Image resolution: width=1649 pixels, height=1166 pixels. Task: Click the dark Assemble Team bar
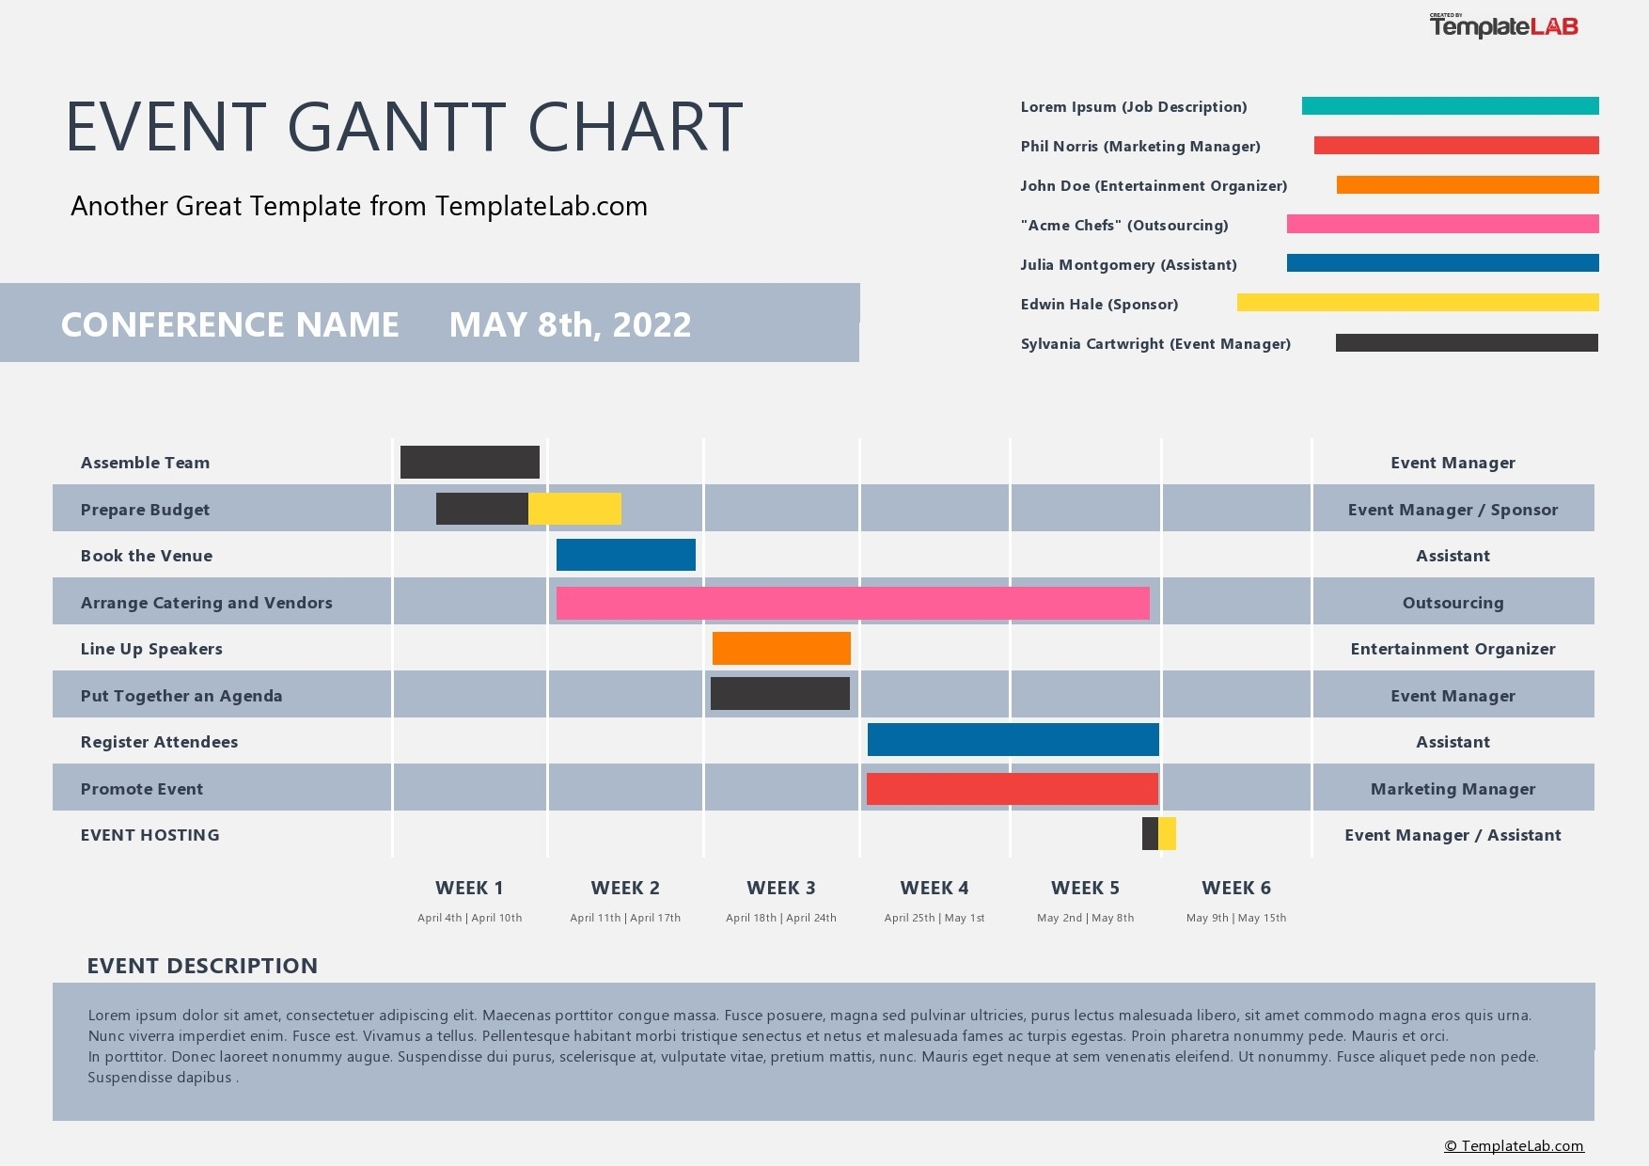click(x=469, y=462)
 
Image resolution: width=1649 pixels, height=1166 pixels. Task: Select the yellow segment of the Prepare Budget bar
click(x=574, y=509)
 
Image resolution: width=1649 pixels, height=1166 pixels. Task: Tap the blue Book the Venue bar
click(x=625, y=555)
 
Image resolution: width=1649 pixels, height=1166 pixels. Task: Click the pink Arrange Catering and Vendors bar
click(x=852, y=603)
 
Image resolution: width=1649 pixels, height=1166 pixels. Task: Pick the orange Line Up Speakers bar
click(x=781, y=648)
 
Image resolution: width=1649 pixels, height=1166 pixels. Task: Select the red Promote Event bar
click(x=1012, y=789)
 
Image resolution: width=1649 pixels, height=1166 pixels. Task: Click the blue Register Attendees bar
click(x=1013, y=740)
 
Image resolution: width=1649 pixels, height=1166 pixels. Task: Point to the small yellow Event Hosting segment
click(x=1168, y=834)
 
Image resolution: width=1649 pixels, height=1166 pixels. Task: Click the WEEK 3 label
click(x=780, y=888)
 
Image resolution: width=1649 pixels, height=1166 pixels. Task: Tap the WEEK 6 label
click(x=1235, y=888)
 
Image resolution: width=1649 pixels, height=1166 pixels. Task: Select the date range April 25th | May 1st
click(x=934, y=918)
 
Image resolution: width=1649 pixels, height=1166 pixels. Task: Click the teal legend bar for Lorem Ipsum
click(x=1450, y=106)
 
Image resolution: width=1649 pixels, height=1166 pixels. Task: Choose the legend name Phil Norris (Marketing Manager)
click(x=1139, y=147)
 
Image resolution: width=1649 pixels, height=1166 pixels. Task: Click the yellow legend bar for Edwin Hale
click(x=1417, y=302)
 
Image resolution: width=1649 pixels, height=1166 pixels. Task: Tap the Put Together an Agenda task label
click(x=181, y=696)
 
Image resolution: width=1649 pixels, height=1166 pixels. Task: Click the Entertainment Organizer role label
click(x=1452, y=649)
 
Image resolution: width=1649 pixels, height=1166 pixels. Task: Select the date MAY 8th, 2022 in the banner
click(x=570, y=324)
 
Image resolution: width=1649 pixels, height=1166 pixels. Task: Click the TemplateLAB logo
click(x=1503, y=26)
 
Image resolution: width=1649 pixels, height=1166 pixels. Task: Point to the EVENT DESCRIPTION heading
click(x=202, y=966)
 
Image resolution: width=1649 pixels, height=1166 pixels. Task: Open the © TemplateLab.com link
click(x=1514, y=1145)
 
